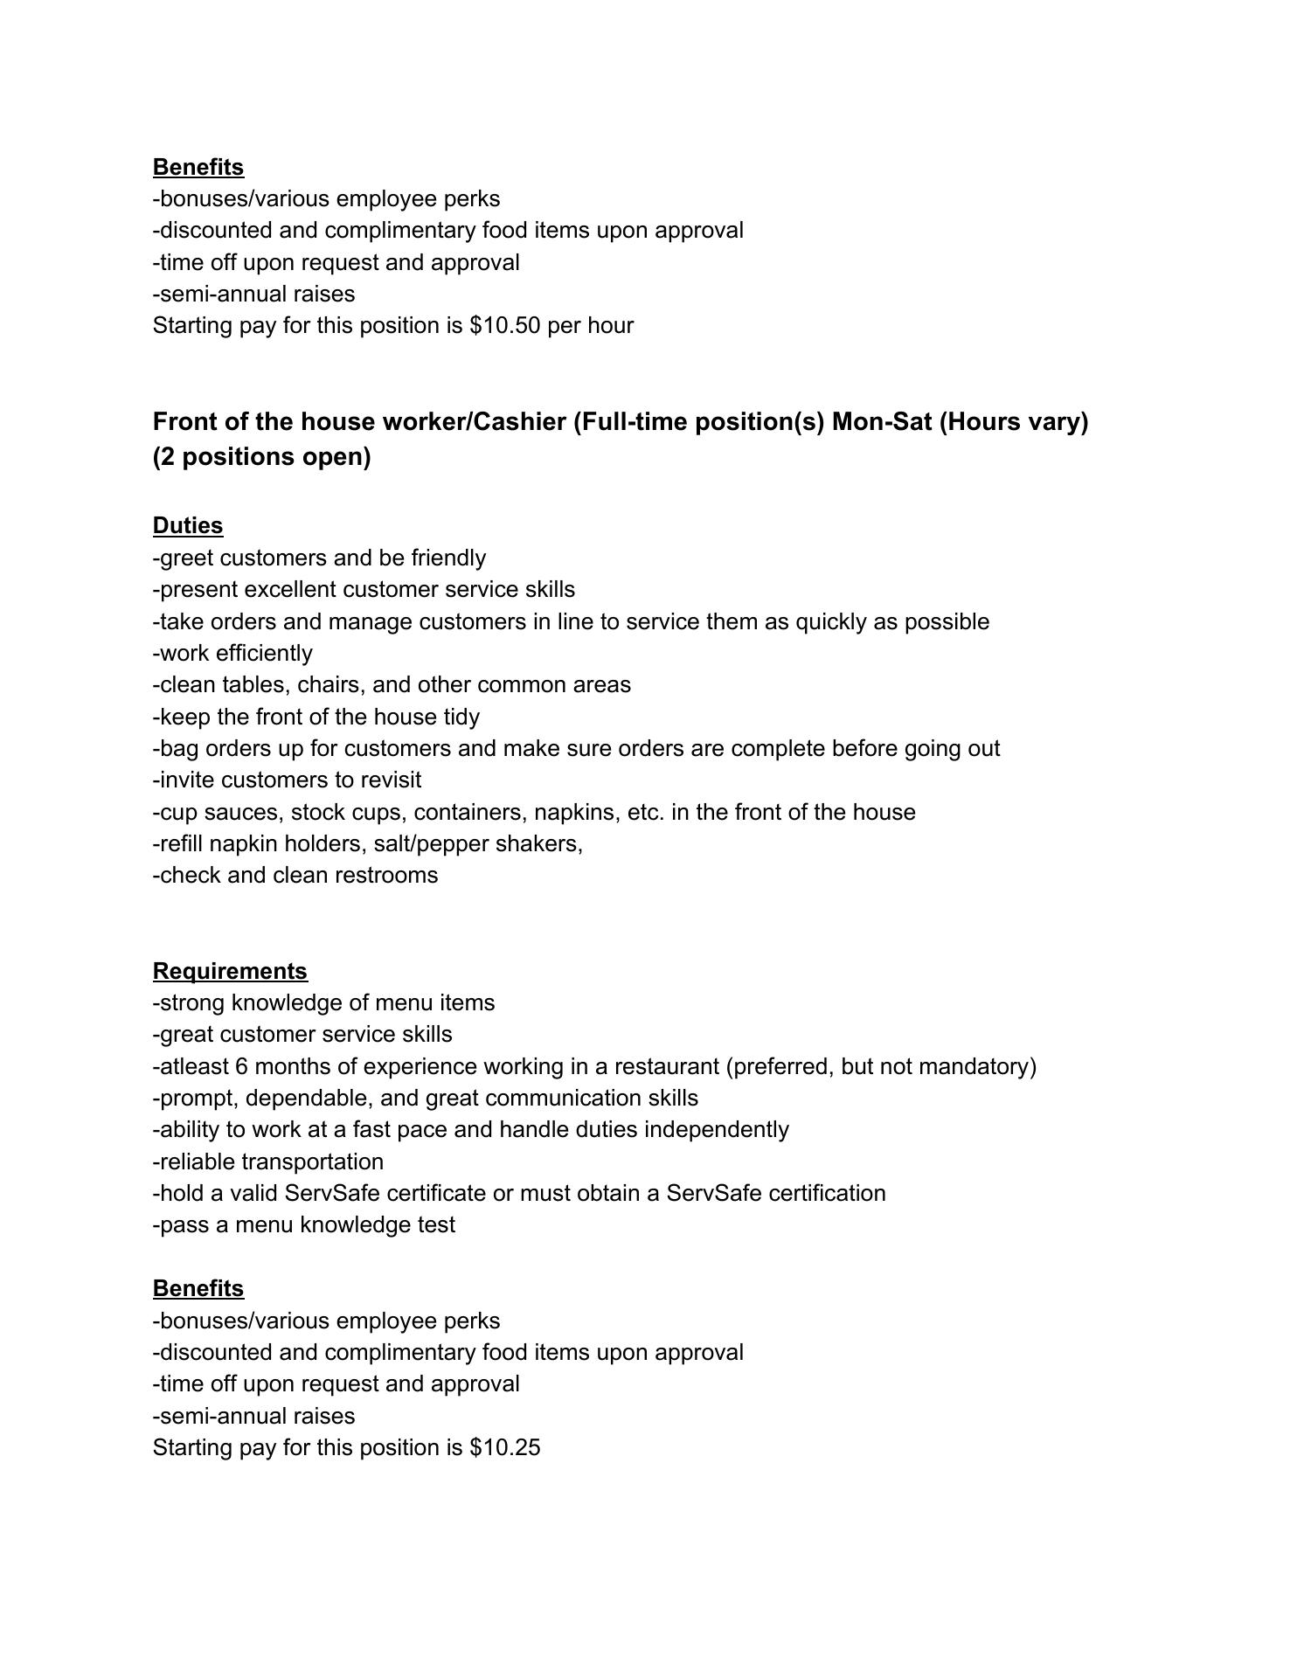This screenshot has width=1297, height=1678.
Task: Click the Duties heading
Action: pos(188,525)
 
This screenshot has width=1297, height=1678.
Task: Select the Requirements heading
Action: pos(230,971)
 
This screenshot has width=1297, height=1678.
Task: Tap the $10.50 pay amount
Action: pos(504,326)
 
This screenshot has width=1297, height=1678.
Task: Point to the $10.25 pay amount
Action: pos(504,1448)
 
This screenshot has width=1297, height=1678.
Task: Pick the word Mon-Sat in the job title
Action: pos(882,422)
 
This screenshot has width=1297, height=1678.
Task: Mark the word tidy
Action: pos(461,718)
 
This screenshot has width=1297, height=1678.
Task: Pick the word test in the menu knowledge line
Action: pos(436,1225)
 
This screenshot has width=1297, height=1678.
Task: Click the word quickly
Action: pos(835,622)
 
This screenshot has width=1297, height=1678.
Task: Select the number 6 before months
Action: pos(239,1067)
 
